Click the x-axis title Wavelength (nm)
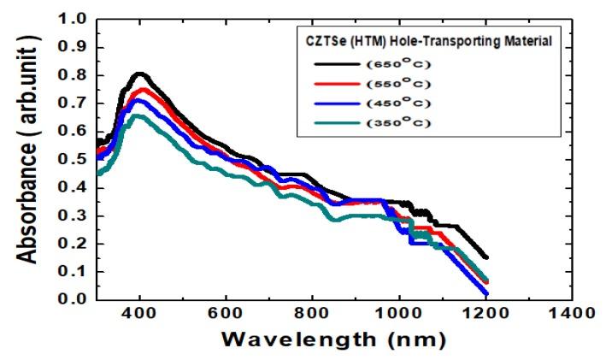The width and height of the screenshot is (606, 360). pos(333,340)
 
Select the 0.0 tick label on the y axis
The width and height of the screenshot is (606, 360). pos(75,299)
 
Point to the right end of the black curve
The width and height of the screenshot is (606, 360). pos(486,257)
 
